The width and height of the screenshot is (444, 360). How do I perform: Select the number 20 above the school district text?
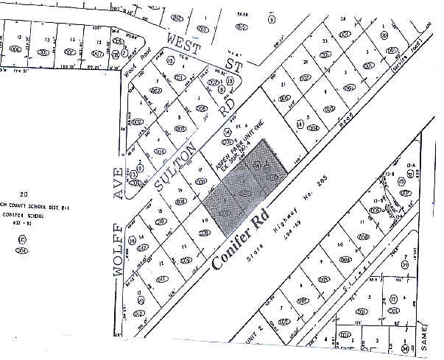tap(24, 191)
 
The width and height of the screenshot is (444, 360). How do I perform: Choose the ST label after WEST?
tap(234, 66)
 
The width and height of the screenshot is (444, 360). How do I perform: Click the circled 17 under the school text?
tap(23, 240)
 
